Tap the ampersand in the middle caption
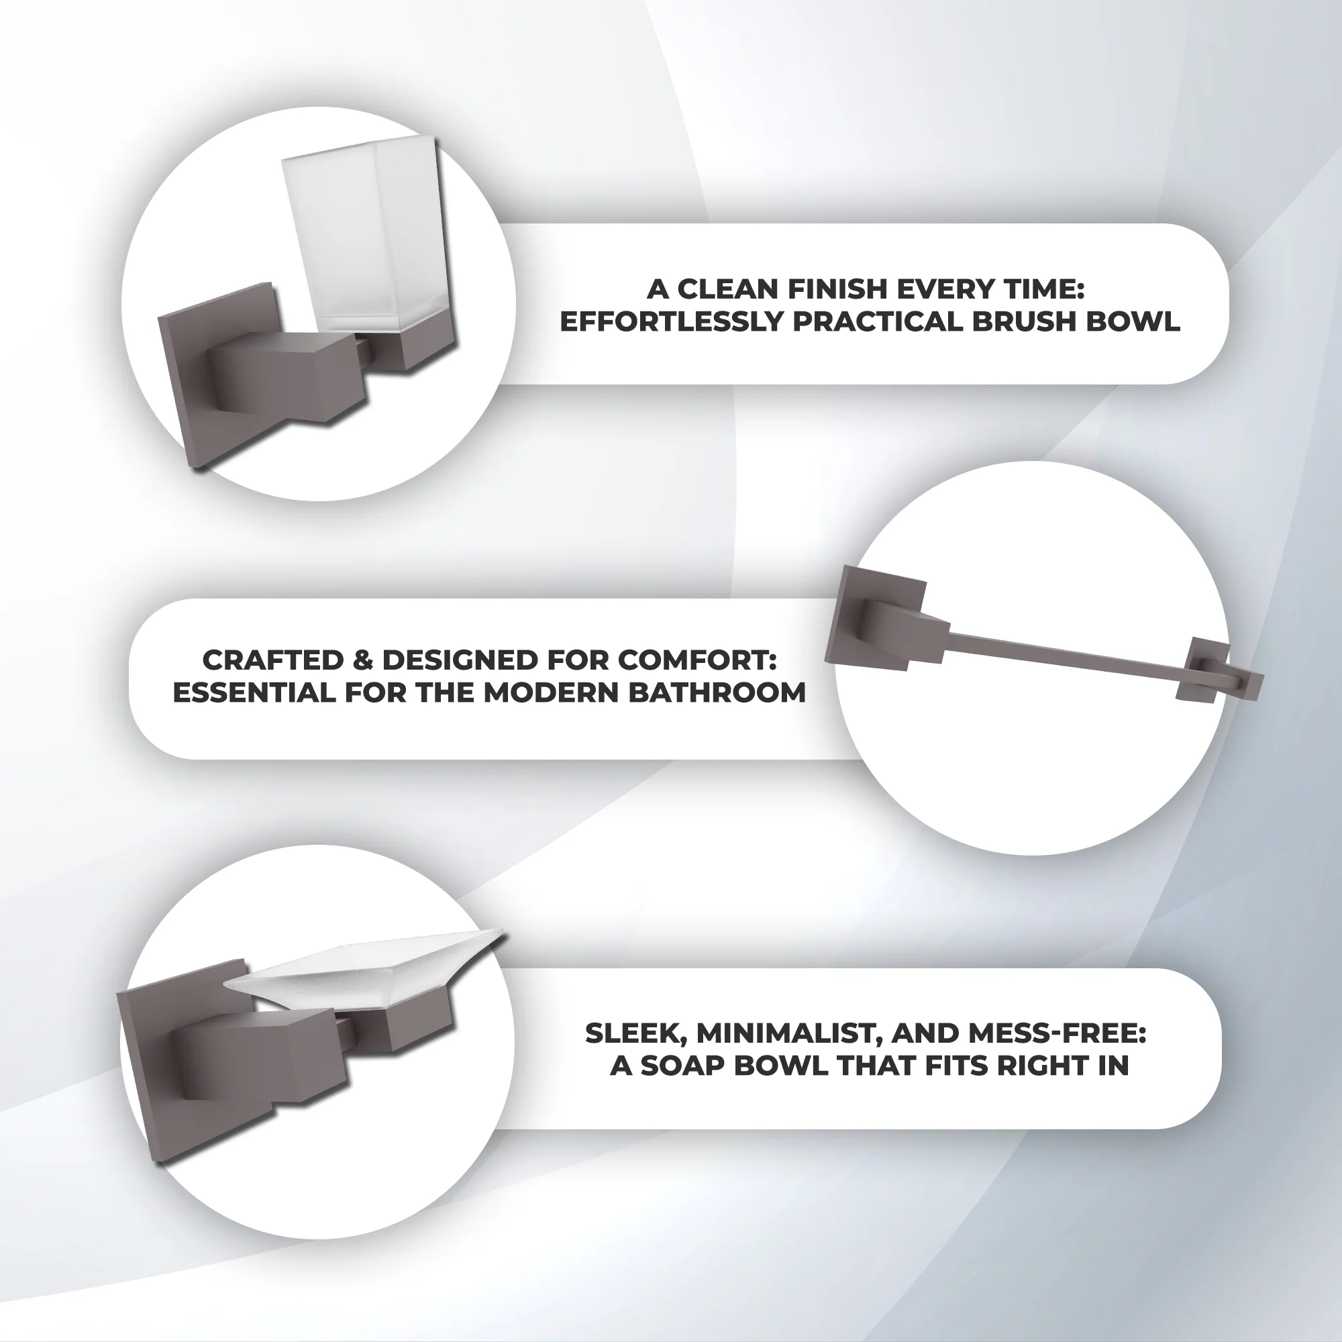pyautogui.click(x=362, y=660)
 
